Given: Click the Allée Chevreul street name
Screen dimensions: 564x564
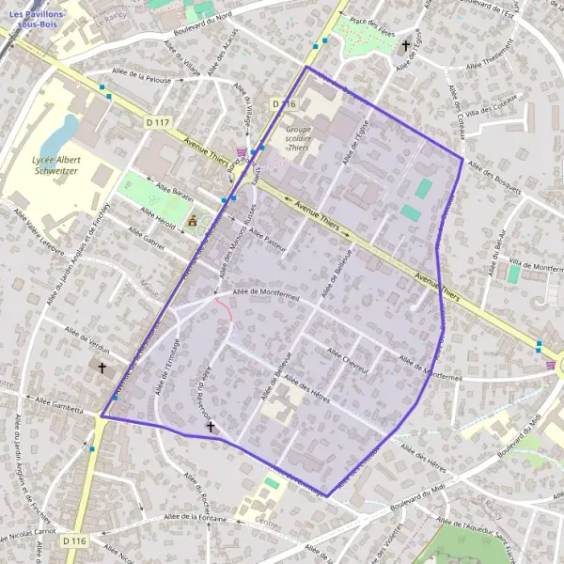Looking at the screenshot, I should coord(347,359).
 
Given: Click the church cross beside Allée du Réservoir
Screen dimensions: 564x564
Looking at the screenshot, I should coord(211,428).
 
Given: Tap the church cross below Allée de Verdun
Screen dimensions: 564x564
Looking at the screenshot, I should coord(102,369).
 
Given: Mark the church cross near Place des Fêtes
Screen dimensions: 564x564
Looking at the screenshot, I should coord(406,44).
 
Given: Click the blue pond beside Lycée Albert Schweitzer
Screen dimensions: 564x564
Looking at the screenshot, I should coord(68,126).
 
